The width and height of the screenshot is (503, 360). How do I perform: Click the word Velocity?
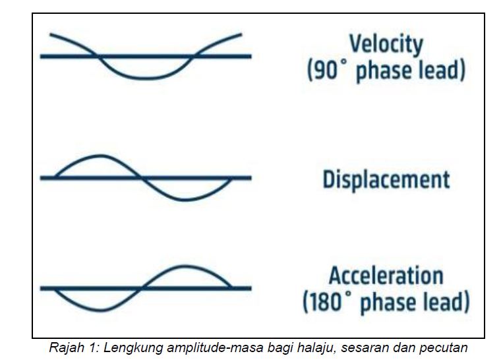point(386,45)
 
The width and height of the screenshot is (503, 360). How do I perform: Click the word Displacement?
point(386,180)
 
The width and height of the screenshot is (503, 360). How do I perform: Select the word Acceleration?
point(386,276)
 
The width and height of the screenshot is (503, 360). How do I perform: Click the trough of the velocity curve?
point(145,78)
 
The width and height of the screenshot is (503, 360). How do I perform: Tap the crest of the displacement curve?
point(100,156)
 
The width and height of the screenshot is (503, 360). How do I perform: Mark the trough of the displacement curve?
point(185,200)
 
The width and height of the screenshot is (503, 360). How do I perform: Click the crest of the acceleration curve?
point(185,266)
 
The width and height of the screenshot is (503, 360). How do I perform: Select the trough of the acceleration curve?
point(100,310)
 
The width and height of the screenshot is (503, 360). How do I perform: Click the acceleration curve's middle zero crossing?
point(142,288)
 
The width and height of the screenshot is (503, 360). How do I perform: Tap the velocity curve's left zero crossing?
point(97,56)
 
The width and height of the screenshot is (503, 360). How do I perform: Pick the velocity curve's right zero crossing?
point(194,56)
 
